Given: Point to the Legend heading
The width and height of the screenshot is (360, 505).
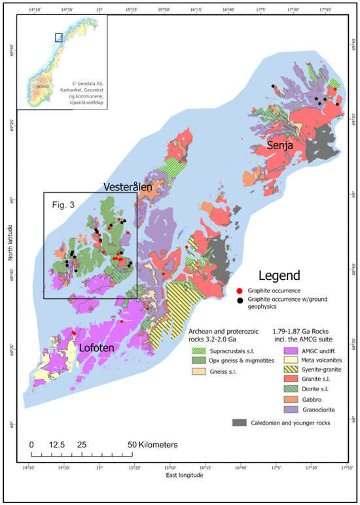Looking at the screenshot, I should click(279, 275).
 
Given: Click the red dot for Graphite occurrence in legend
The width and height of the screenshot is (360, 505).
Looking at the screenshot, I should click(240, 289).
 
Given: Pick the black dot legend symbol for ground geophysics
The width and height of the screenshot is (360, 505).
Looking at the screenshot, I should click(240, 300).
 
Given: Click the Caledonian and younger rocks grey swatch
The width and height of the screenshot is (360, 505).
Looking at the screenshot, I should click(240, 423).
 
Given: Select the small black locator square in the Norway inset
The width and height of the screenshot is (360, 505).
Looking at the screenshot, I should click(58, 37).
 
